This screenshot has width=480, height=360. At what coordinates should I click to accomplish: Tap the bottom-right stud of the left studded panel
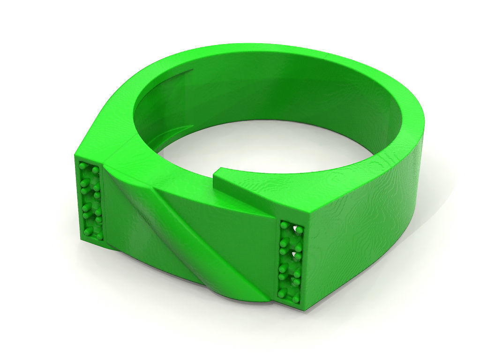click(100, 237)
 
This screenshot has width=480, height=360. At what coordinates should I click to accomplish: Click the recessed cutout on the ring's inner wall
click(173, 101)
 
